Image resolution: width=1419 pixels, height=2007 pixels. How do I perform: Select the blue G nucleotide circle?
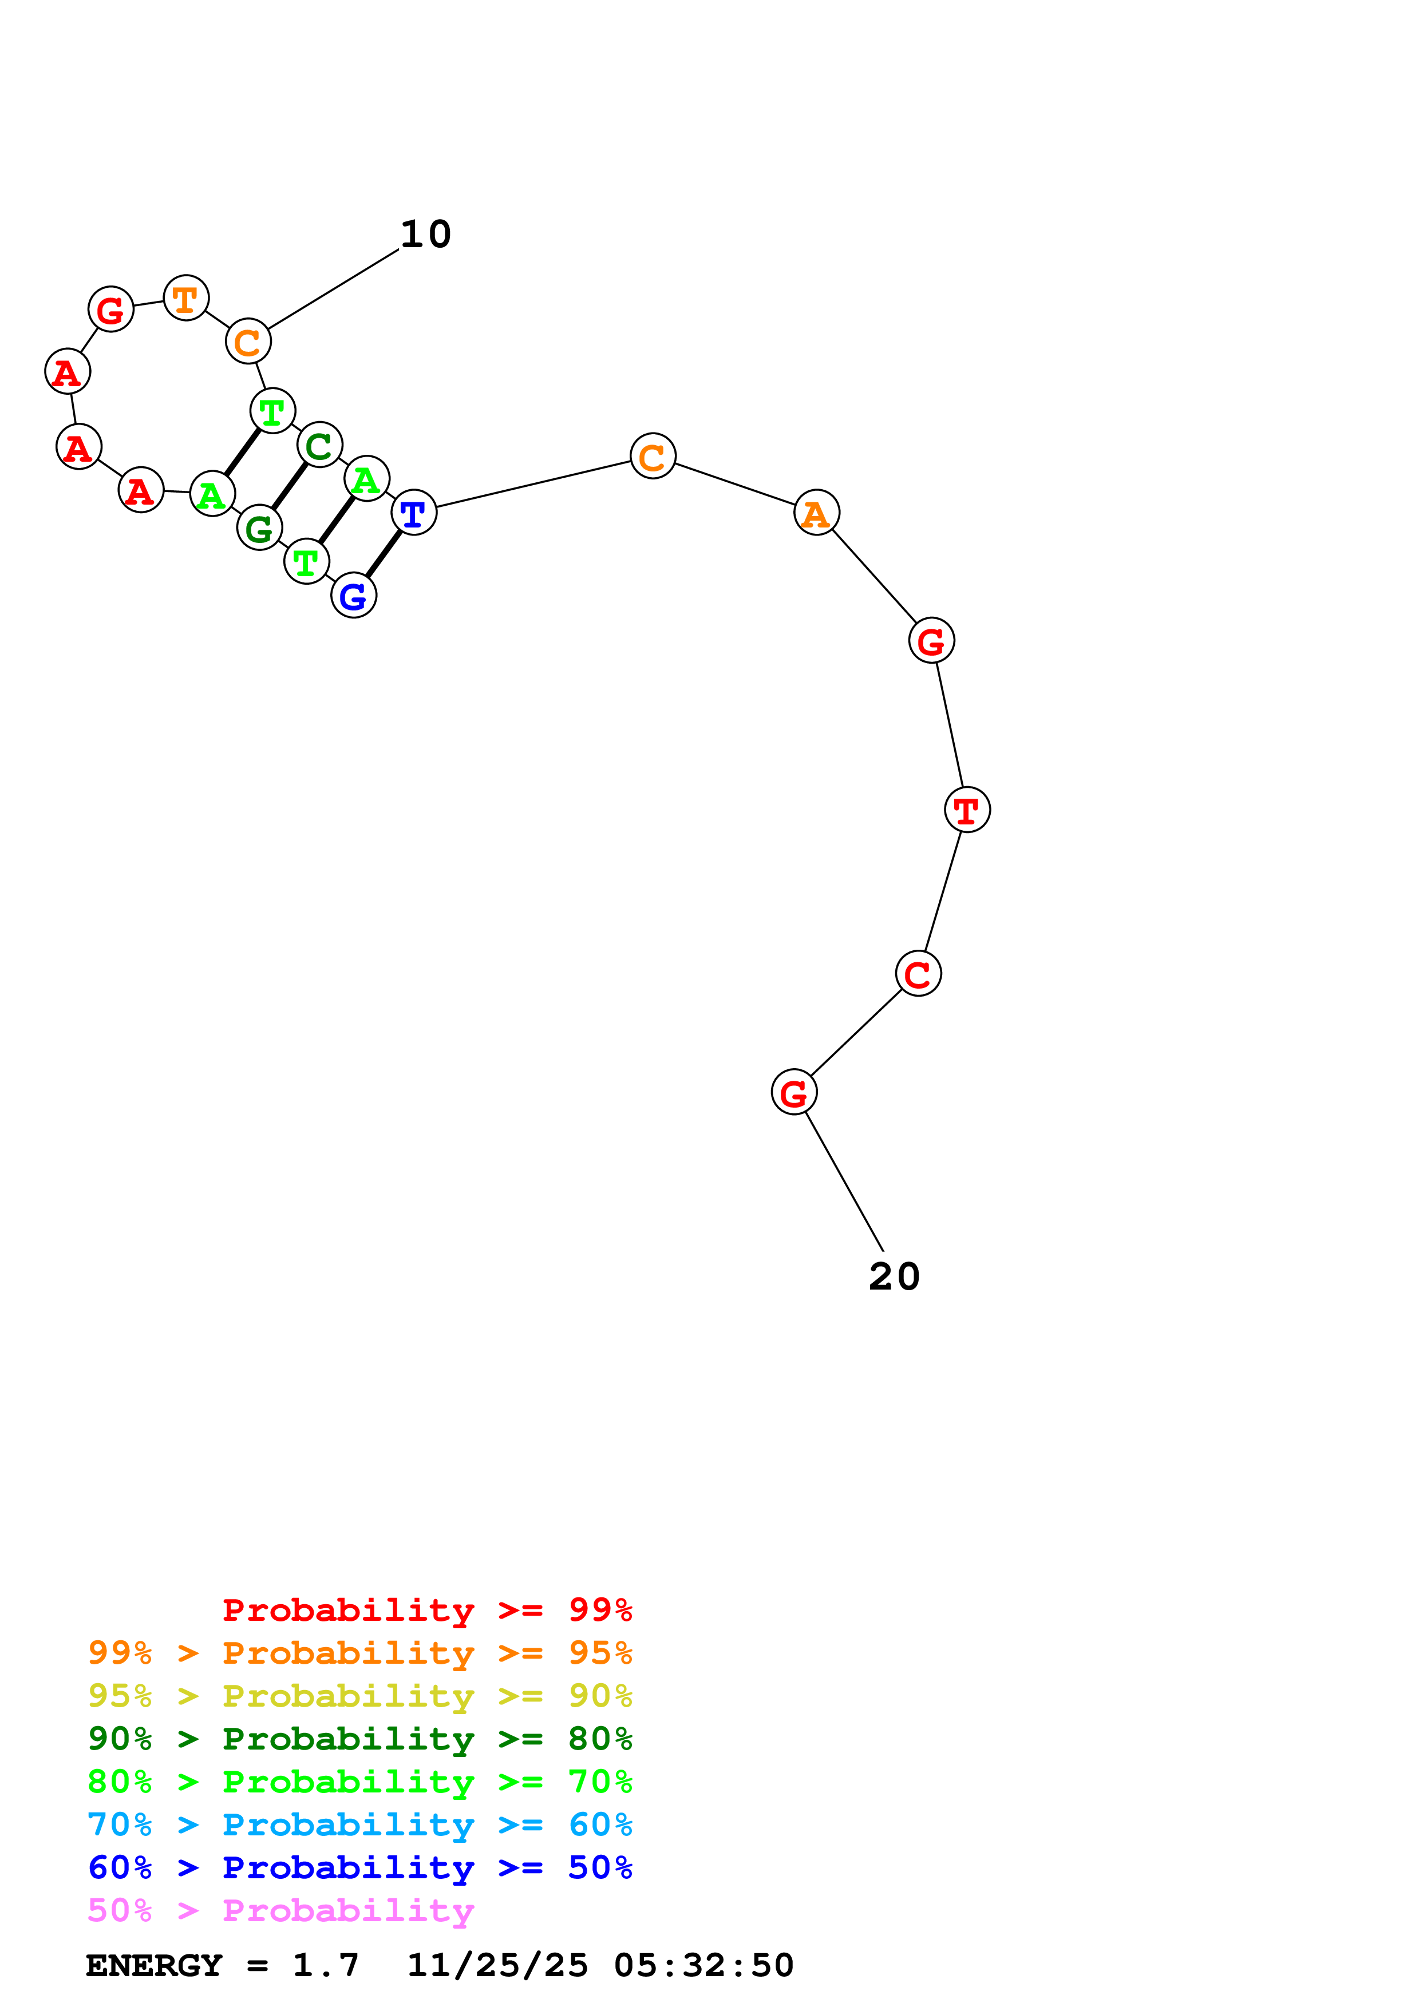[353, 595]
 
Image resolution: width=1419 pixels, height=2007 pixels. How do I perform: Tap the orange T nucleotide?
[185, 298]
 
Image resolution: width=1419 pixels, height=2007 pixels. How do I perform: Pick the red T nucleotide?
[967, 810]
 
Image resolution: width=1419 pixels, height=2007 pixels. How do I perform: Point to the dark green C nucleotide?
[319, 445]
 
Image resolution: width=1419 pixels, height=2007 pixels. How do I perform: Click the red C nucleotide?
[918, 973]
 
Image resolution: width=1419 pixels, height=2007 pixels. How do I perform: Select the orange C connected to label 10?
[248, 341]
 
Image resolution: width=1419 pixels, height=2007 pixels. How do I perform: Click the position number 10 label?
[426, 234]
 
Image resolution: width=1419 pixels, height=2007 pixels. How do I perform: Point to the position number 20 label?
[894, 1276]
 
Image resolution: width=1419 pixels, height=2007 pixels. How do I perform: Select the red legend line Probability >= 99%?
[426, 1610]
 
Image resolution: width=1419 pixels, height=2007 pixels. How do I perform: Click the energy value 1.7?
[325, 1965]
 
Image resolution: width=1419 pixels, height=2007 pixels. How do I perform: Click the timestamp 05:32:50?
[704, 1965]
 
